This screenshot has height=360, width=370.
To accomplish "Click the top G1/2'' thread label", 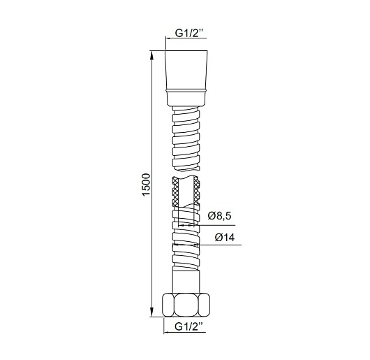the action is click(188, 34).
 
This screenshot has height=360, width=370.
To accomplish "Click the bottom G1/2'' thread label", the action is click(188, 326).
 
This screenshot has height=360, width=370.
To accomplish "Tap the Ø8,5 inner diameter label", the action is click(219, 216).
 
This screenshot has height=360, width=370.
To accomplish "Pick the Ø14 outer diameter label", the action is click(225, 237).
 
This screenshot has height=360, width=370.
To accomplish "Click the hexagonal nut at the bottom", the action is click(186, 305).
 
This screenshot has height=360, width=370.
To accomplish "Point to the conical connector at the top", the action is click(186, 70).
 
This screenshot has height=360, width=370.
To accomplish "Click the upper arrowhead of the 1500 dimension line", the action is click(151, 55).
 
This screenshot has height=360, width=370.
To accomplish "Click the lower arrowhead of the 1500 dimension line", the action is click(151, 312).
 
